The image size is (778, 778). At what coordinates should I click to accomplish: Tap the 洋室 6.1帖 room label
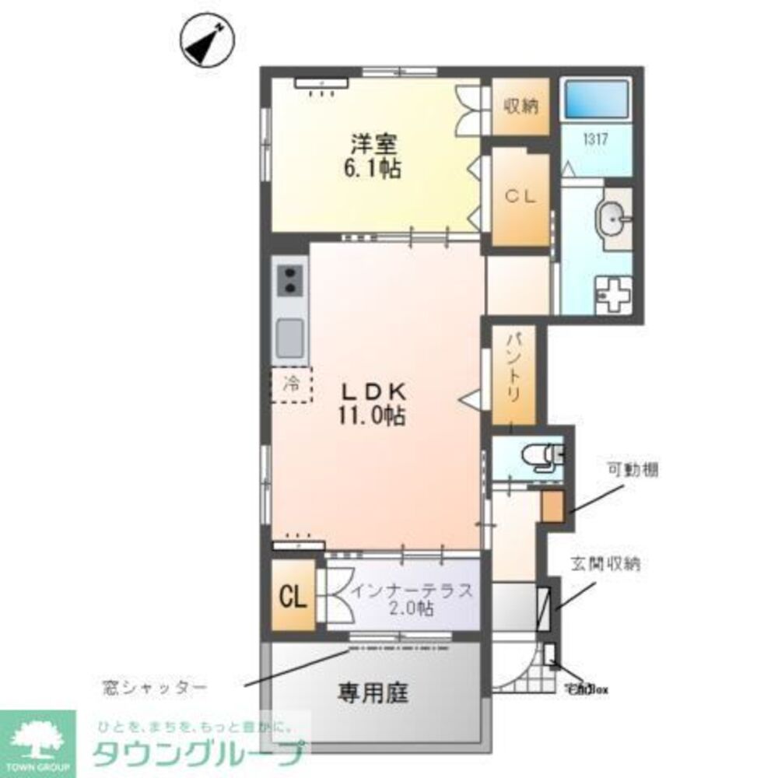[374, 156]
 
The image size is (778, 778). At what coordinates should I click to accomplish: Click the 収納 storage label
[520, 107]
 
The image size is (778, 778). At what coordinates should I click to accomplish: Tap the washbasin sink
[615, 219]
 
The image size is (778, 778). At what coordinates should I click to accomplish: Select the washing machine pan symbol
[612, 295]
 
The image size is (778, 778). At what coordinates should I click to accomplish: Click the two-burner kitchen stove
[290, 281]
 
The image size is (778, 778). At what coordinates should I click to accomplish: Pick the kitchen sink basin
[290, 335]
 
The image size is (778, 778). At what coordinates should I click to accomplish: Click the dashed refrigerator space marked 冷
[291, 384]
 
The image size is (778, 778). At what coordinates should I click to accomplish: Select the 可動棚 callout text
[633, 469]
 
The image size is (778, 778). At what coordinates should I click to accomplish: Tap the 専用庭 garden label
[373, 692]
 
